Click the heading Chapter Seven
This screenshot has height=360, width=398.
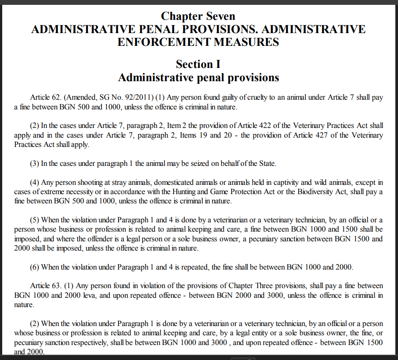[x=198, y=16]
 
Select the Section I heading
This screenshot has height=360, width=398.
[x=198, y=64]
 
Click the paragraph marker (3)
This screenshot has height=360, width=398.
[x=35, y=163]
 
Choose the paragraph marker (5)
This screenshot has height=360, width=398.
[x=35, y=220]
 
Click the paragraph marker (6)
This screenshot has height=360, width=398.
[x=35, y=267]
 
